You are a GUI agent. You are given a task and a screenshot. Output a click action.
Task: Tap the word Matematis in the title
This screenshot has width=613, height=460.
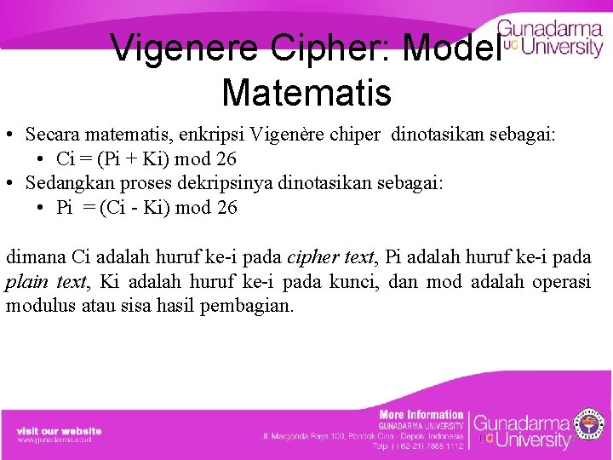pyautogui.click(x=306, y=91)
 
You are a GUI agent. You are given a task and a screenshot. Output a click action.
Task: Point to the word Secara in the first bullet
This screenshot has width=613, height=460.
pyautogui.click(x=53, y=135)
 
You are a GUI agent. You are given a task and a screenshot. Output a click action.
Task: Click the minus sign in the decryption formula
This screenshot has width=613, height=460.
pyautogui.click(x=140, y=208)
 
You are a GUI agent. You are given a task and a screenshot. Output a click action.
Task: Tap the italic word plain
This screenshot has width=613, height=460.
pyautogui.click(x=26, y=281)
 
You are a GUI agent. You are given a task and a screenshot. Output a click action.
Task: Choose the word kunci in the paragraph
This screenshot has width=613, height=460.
pyautogui.click(x=353, y=281)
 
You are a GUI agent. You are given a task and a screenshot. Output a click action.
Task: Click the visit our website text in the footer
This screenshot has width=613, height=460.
pyautogui.click(x=59, y=431)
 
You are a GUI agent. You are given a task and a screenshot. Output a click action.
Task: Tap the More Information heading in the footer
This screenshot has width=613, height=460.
pyautogui.click(x=421, y=414)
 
